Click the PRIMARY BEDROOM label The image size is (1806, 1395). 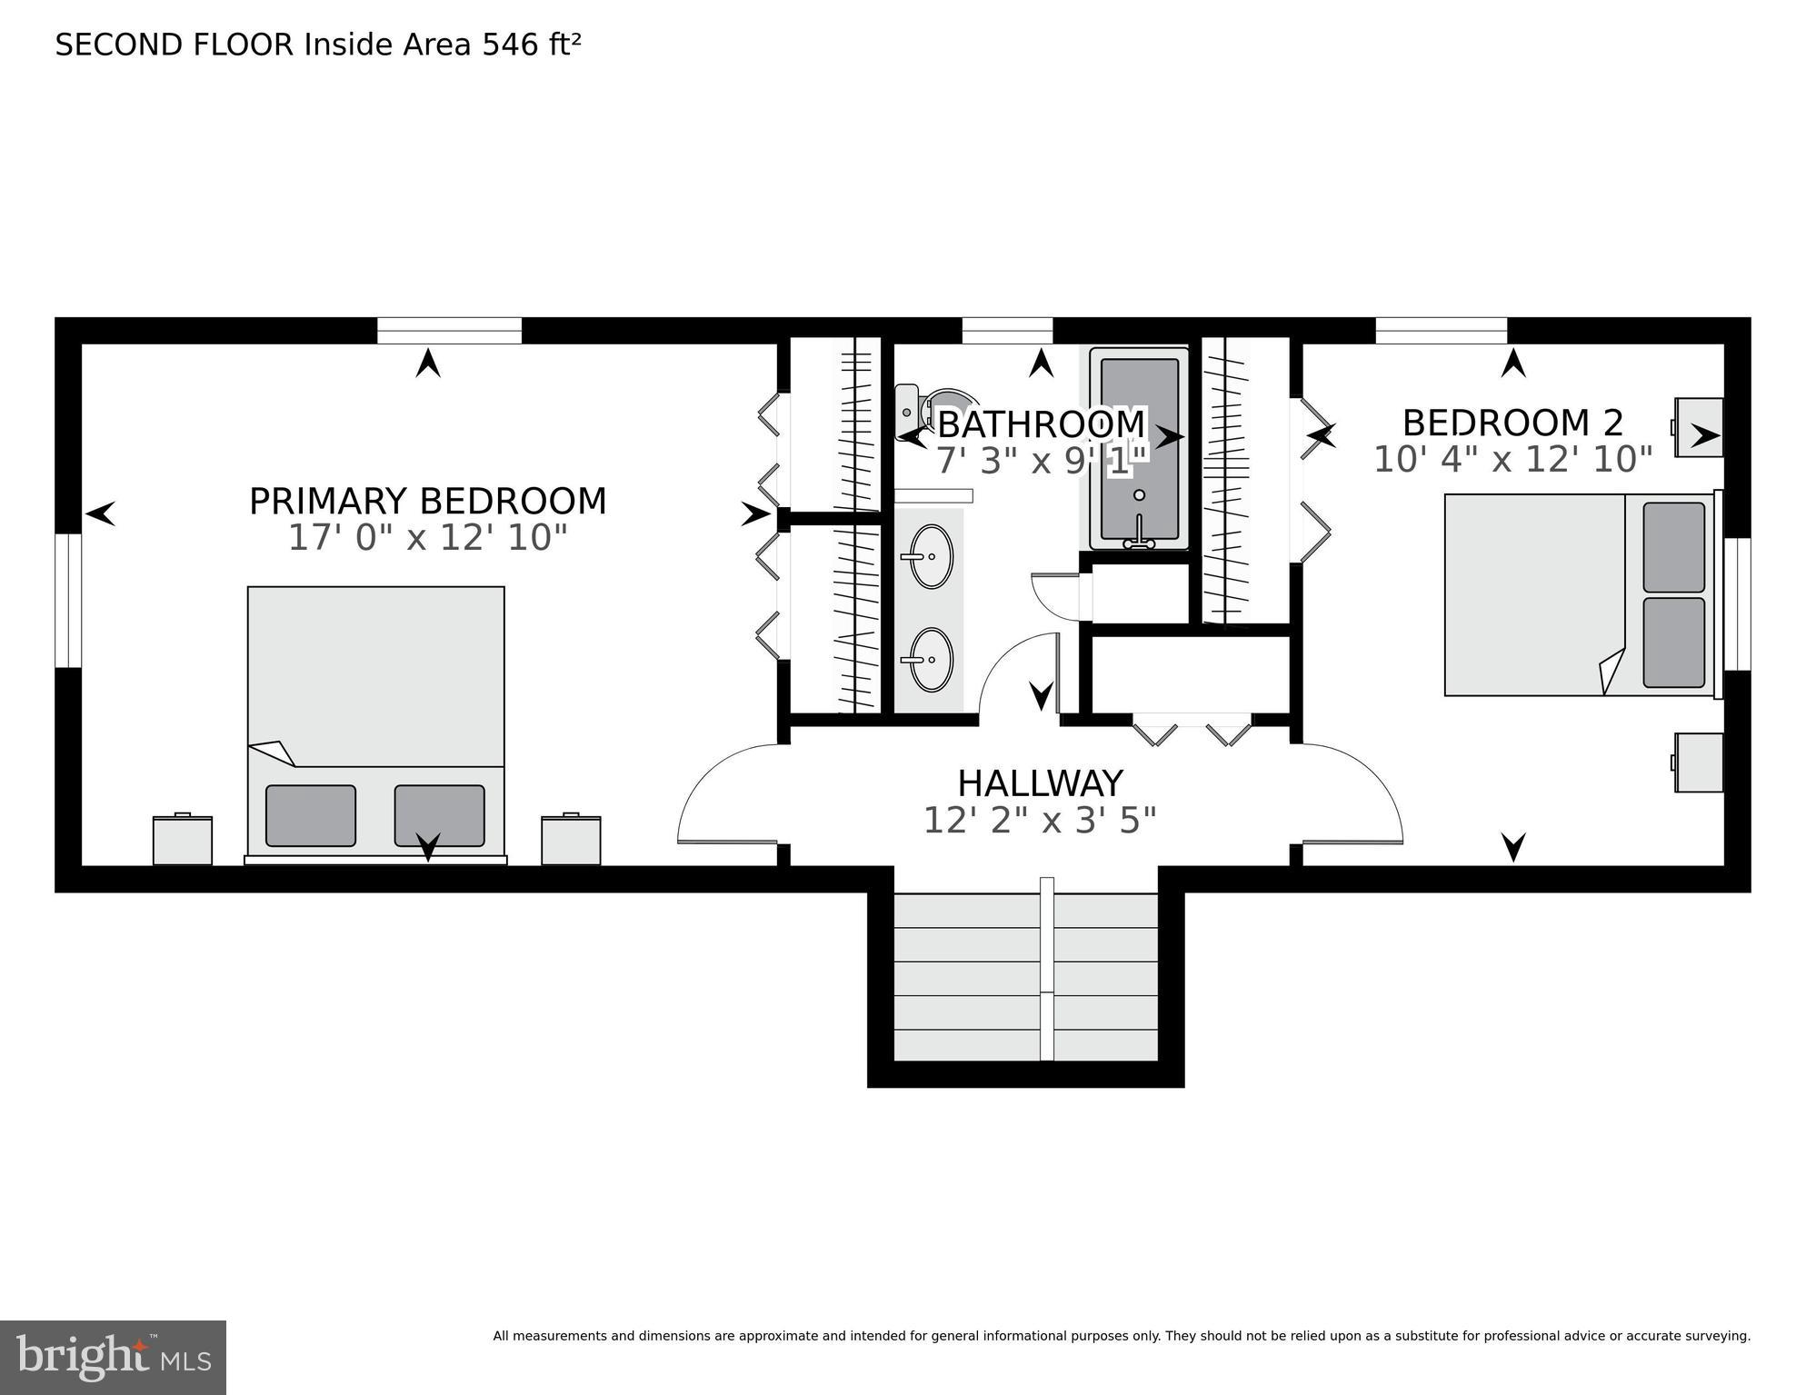coord(427,502)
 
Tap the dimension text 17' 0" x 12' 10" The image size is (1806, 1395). coord(427,538)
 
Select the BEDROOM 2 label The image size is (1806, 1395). coord(1512,423)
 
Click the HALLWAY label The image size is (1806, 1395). coord(1040,783)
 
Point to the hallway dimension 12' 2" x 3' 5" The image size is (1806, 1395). coord(1040,821)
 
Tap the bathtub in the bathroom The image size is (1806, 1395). coord(1139,450)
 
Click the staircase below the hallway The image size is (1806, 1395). coord(1025,977)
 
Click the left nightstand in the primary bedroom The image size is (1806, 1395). coord(183,840)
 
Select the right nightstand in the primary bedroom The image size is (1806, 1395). coord(571,840)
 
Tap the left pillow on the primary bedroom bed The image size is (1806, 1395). coord(311,815)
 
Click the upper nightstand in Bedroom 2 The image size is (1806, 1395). coord(1699,427)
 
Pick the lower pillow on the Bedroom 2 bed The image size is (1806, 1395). coord(1673,643)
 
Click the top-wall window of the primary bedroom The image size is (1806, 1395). coord(449,331)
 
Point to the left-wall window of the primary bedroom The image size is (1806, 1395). coord(68,600)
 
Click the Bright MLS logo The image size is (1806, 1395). coord(113,1356)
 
